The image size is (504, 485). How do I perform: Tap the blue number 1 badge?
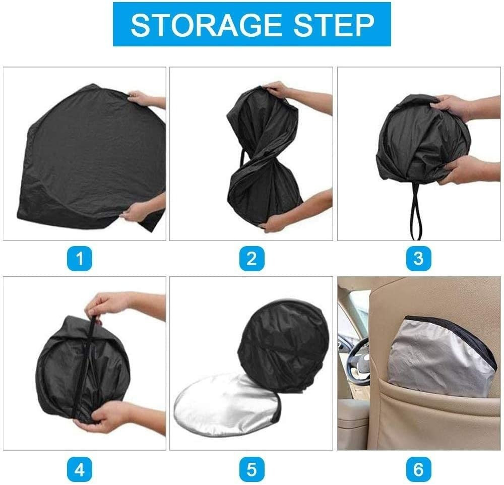tap(80, 259)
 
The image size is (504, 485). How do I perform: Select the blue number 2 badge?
tap(251, 259)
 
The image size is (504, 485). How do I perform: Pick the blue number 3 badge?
tap(418, 259)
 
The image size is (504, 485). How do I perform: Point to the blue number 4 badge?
tap(80, 470)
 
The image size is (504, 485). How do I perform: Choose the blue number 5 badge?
tap(251, 470)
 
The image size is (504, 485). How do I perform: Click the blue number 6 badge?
tap(418, 470)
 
